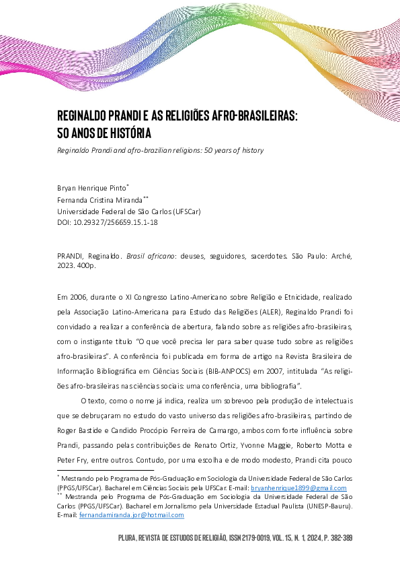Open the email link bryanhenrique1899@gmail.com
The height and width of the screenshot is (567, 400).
pyautogui.click(x=298, y=488)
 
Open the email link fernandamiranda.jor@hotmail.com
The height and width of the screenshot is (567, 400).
pyautogui.click(x=131, y=514)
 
